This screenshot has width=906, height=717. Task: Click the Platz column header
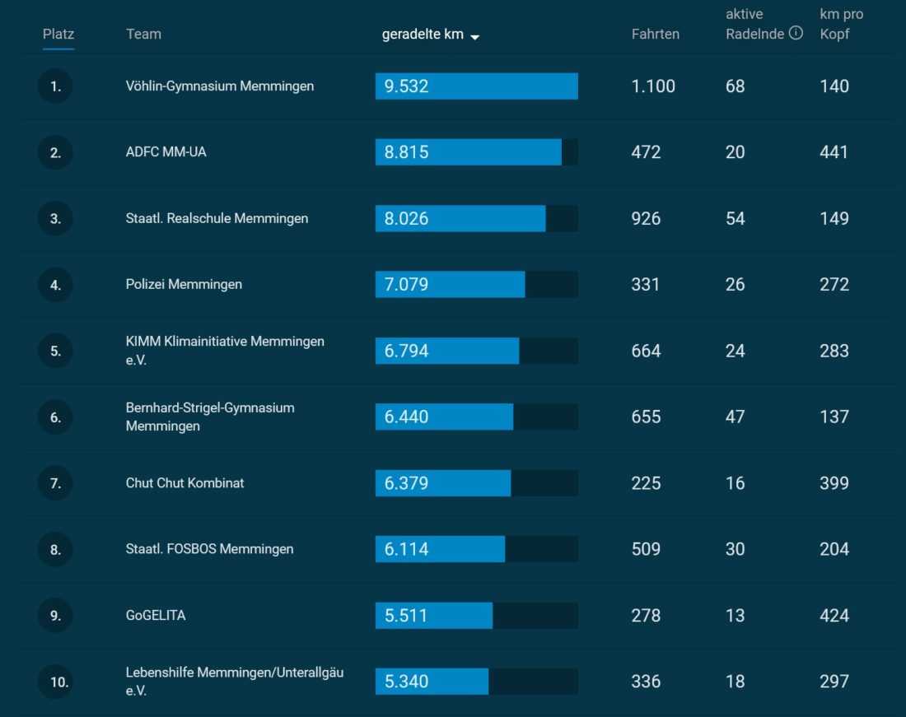pyautogui.click(x=58, y=34)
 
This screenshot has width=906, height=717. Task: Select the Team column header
pyautogui.click(x=143, y=34)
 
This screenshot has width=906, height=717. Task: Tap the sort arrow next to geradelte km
pyautogui.click(x=475, y=36)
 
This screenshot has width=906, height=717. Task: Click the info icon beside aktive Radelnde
pyautogui.click(x=796, y=34)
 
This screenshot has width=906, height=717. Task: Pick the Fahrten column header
pyautogui.click(x=655, y=34)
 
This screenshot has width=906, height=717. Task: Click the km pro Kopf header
pyautogui.click(x=841, y=25)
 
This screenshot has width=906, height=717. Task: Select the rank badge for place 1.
pyautogui.click(x=55, y=86)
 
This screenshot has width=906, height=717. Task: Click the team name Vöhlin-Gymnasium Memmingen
pyautogui.click(x=219, y=86)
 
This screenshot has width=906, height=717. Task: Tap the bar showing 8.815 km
pyautogui.click(x=468, y=152)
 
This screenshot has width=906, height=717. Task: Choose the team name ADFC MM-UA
pyautogui.click(x=166, y=152)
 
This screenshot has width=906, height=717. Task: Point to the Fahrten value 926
pyautogui.click(x=646, y=218)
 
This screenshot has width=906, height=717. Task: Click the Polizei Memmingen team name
pyautogui.click(x=184, y=284)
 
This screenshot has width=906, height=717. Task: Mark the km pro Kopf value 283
pyautogui.click(x=834, y=351)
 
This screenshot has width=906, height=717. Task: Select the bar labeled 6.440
pyautogui.click(x=444, y=417)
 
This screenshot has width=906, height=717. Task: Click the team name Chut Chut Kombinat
pyautogui.click(x=184, y=483)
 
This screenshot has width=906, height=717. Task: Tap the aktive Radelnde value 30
pyautogui.click(x=735, y=549)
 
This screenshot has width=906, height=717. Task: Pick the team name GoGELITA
pyautogui.click(x=155, y=615)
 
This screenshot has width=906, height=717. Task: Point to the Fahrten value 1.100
pyautogui.click(x=653, y=86)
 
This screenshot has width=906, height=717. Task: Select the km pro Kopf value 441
pyautogui.click(x=834, y=152)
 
